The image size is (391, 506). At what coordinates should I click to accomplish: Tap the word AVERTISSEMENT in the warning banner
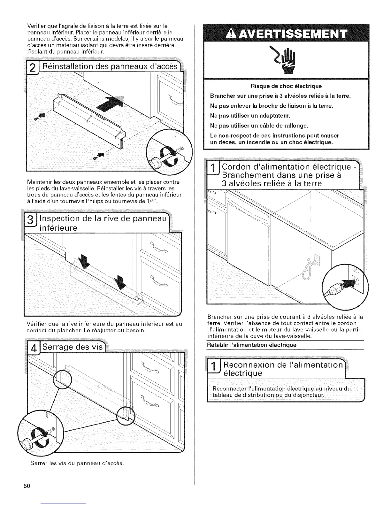(x=291, y=33)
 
